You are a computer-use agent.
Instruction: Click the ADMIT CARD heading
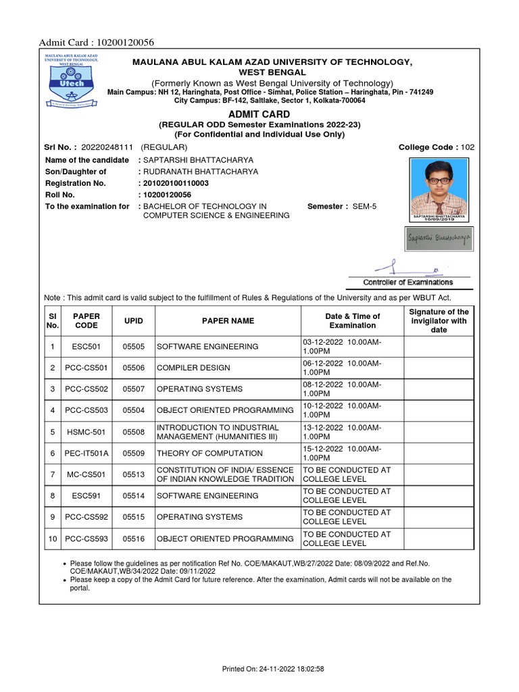[259, 114]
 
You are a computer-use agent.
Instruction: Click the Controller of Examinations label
[408, 282]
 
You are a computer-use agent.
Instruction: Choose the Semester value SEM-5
[364, 206]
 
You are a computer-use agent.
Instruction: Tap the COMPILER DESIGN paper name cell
[193, 368]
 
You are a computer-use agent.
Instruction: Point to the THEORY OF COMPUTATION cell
[209, 453]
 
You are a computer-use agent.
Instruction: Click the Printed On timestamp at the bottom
[274, 668]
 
